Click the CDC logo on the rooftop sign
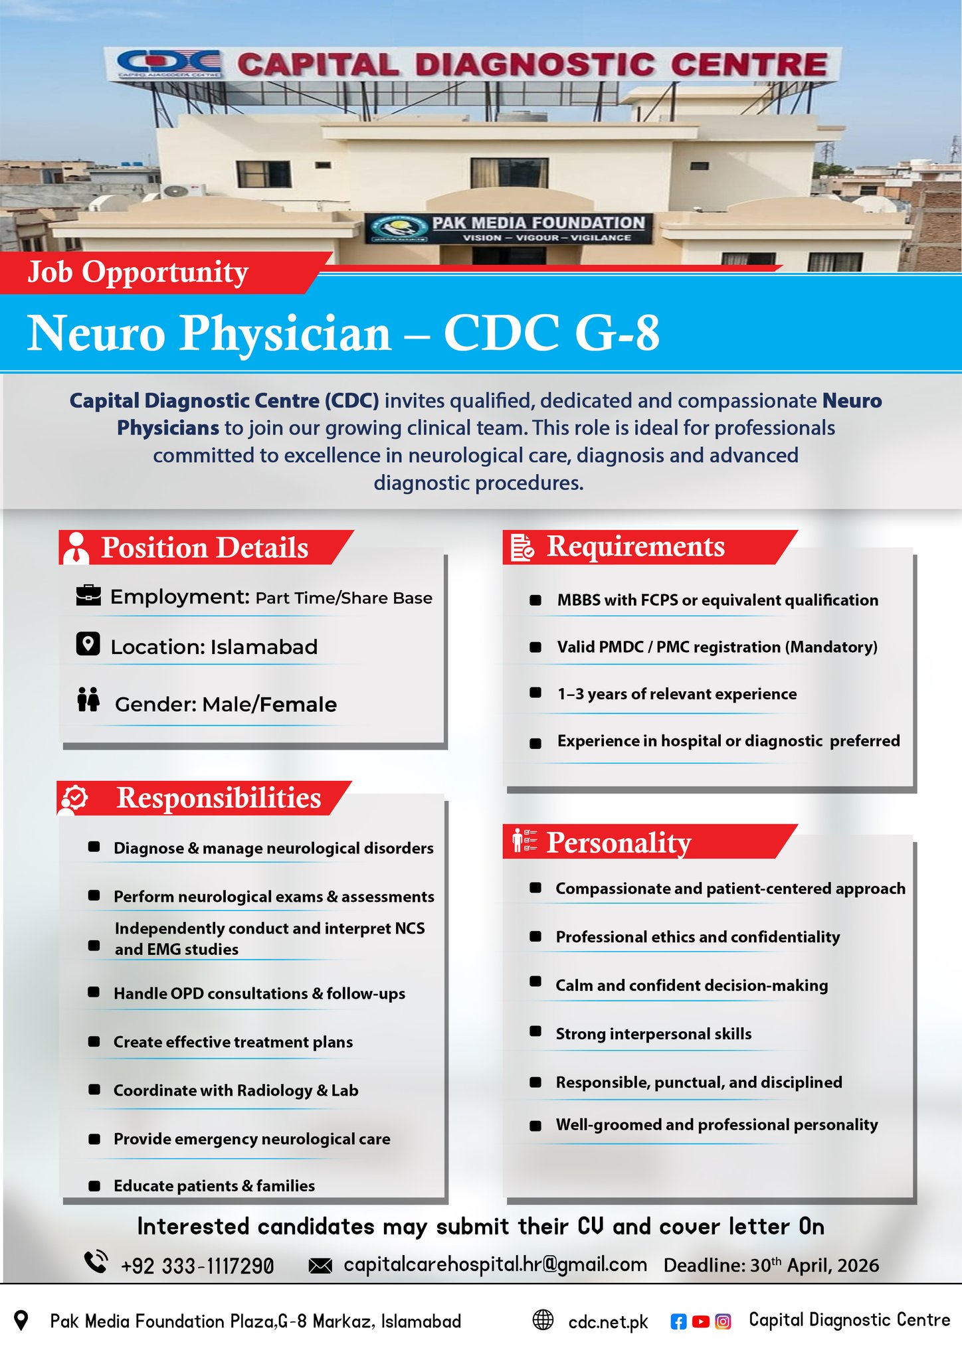coord(169,64)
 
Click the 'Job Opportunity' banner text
coord(138,272)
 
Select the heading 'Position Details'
coord(205,548)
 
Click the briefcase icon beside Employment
coord(88,595)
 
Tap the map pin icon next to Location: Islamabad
coord(88,643)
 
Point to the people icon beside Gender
coord(88,700)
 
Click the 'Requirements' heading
coord(635,546)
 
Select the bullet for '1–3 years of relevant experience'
coord(535,693)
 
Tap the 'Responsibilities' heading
coord(219,798)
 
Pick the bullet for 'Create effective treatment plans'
coord(94,1041)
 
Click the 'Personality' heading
coord(619,842)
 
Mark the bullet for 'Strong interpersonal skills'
coord(535,1031)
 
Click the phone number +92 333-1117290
coord(197,1266)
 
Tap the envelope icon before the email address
coord(320,1266)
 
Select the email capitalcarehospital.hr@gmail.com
coord(495,1264)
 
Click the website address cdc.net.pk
coord(608,1322)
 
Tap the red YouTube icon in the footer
coord(701,1321)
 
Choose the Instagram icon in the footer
coord(723,1321)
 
